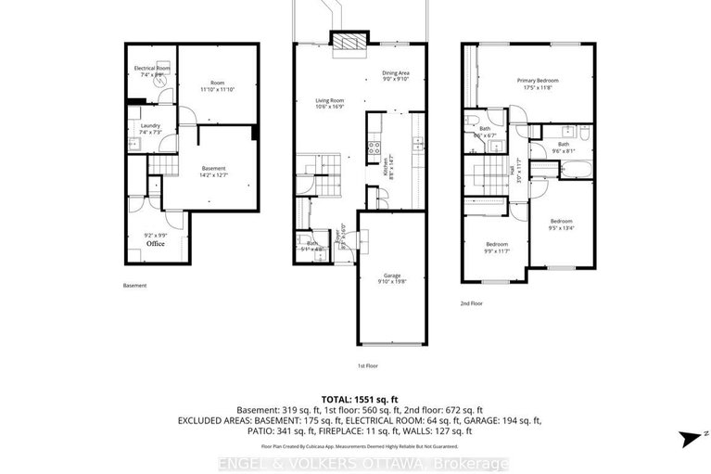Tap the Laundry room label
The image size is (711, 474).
[x=151, y=129]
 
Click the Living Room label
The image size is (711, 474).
[x=329, y=103]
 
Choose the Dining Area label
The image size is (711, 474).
[x=396, y=76]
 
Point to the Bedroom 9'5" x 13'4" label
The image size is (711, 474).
[x=562, y=224]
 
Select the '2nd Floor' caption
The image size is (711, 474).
[x=473, y=303]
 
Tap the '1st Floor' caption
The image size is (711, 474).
[x=368, y=366]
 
